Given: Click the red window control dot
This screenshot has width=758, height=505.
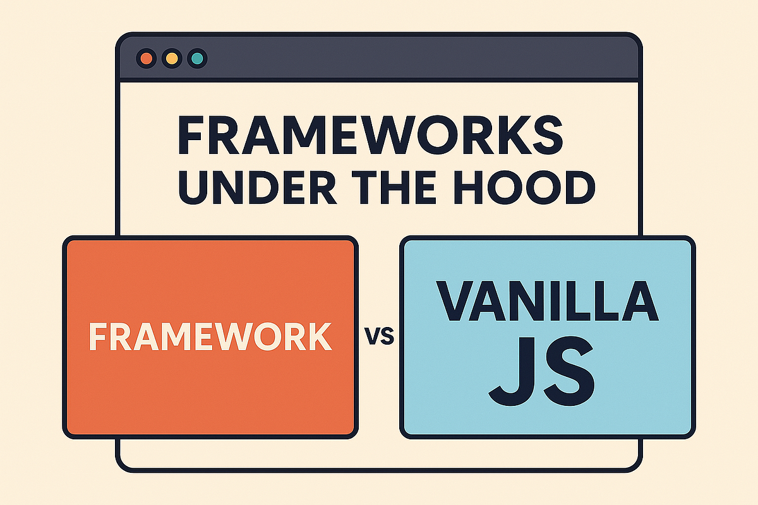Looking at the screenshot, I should pos(146,59).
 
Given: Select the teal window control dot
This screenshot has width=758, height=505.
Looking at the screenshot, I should pos(198,59).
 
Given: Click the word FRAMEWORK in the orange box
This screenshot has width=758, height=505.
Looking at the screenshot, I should pos(210,336).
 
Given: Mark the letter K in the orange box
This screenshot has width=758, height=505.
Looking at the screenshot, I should pos(319,336).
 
